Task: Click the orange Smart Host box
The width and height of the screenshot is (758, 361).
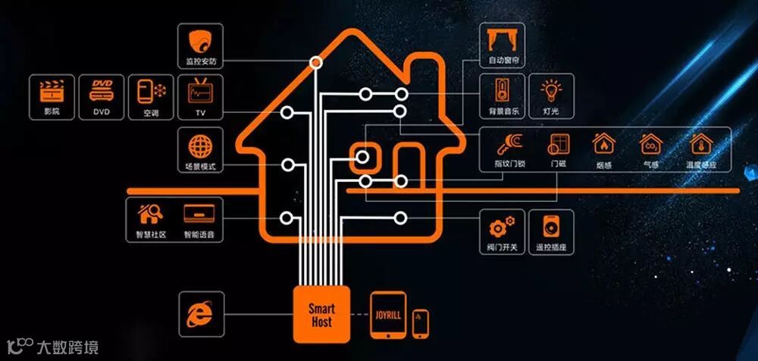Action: point(321,315)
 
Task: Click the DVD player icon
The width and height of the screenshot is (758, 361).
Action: point(102,90)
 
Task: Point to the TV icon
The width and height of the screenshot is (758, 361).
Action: point(201,90)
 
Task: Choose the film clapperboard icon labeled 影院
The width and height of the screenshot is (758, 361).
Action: point(51,90)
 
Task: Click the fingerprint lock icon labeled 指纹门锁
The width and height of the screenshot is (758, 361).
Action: point(508,144)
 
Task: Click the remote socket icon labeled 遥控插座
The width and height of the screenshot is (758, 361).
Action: point(552,227)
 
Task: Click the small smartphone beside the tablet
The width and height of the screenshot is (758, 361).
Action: point(421,323)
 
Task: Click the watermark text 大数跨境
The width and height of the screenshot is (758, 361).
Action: point(67,348)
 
